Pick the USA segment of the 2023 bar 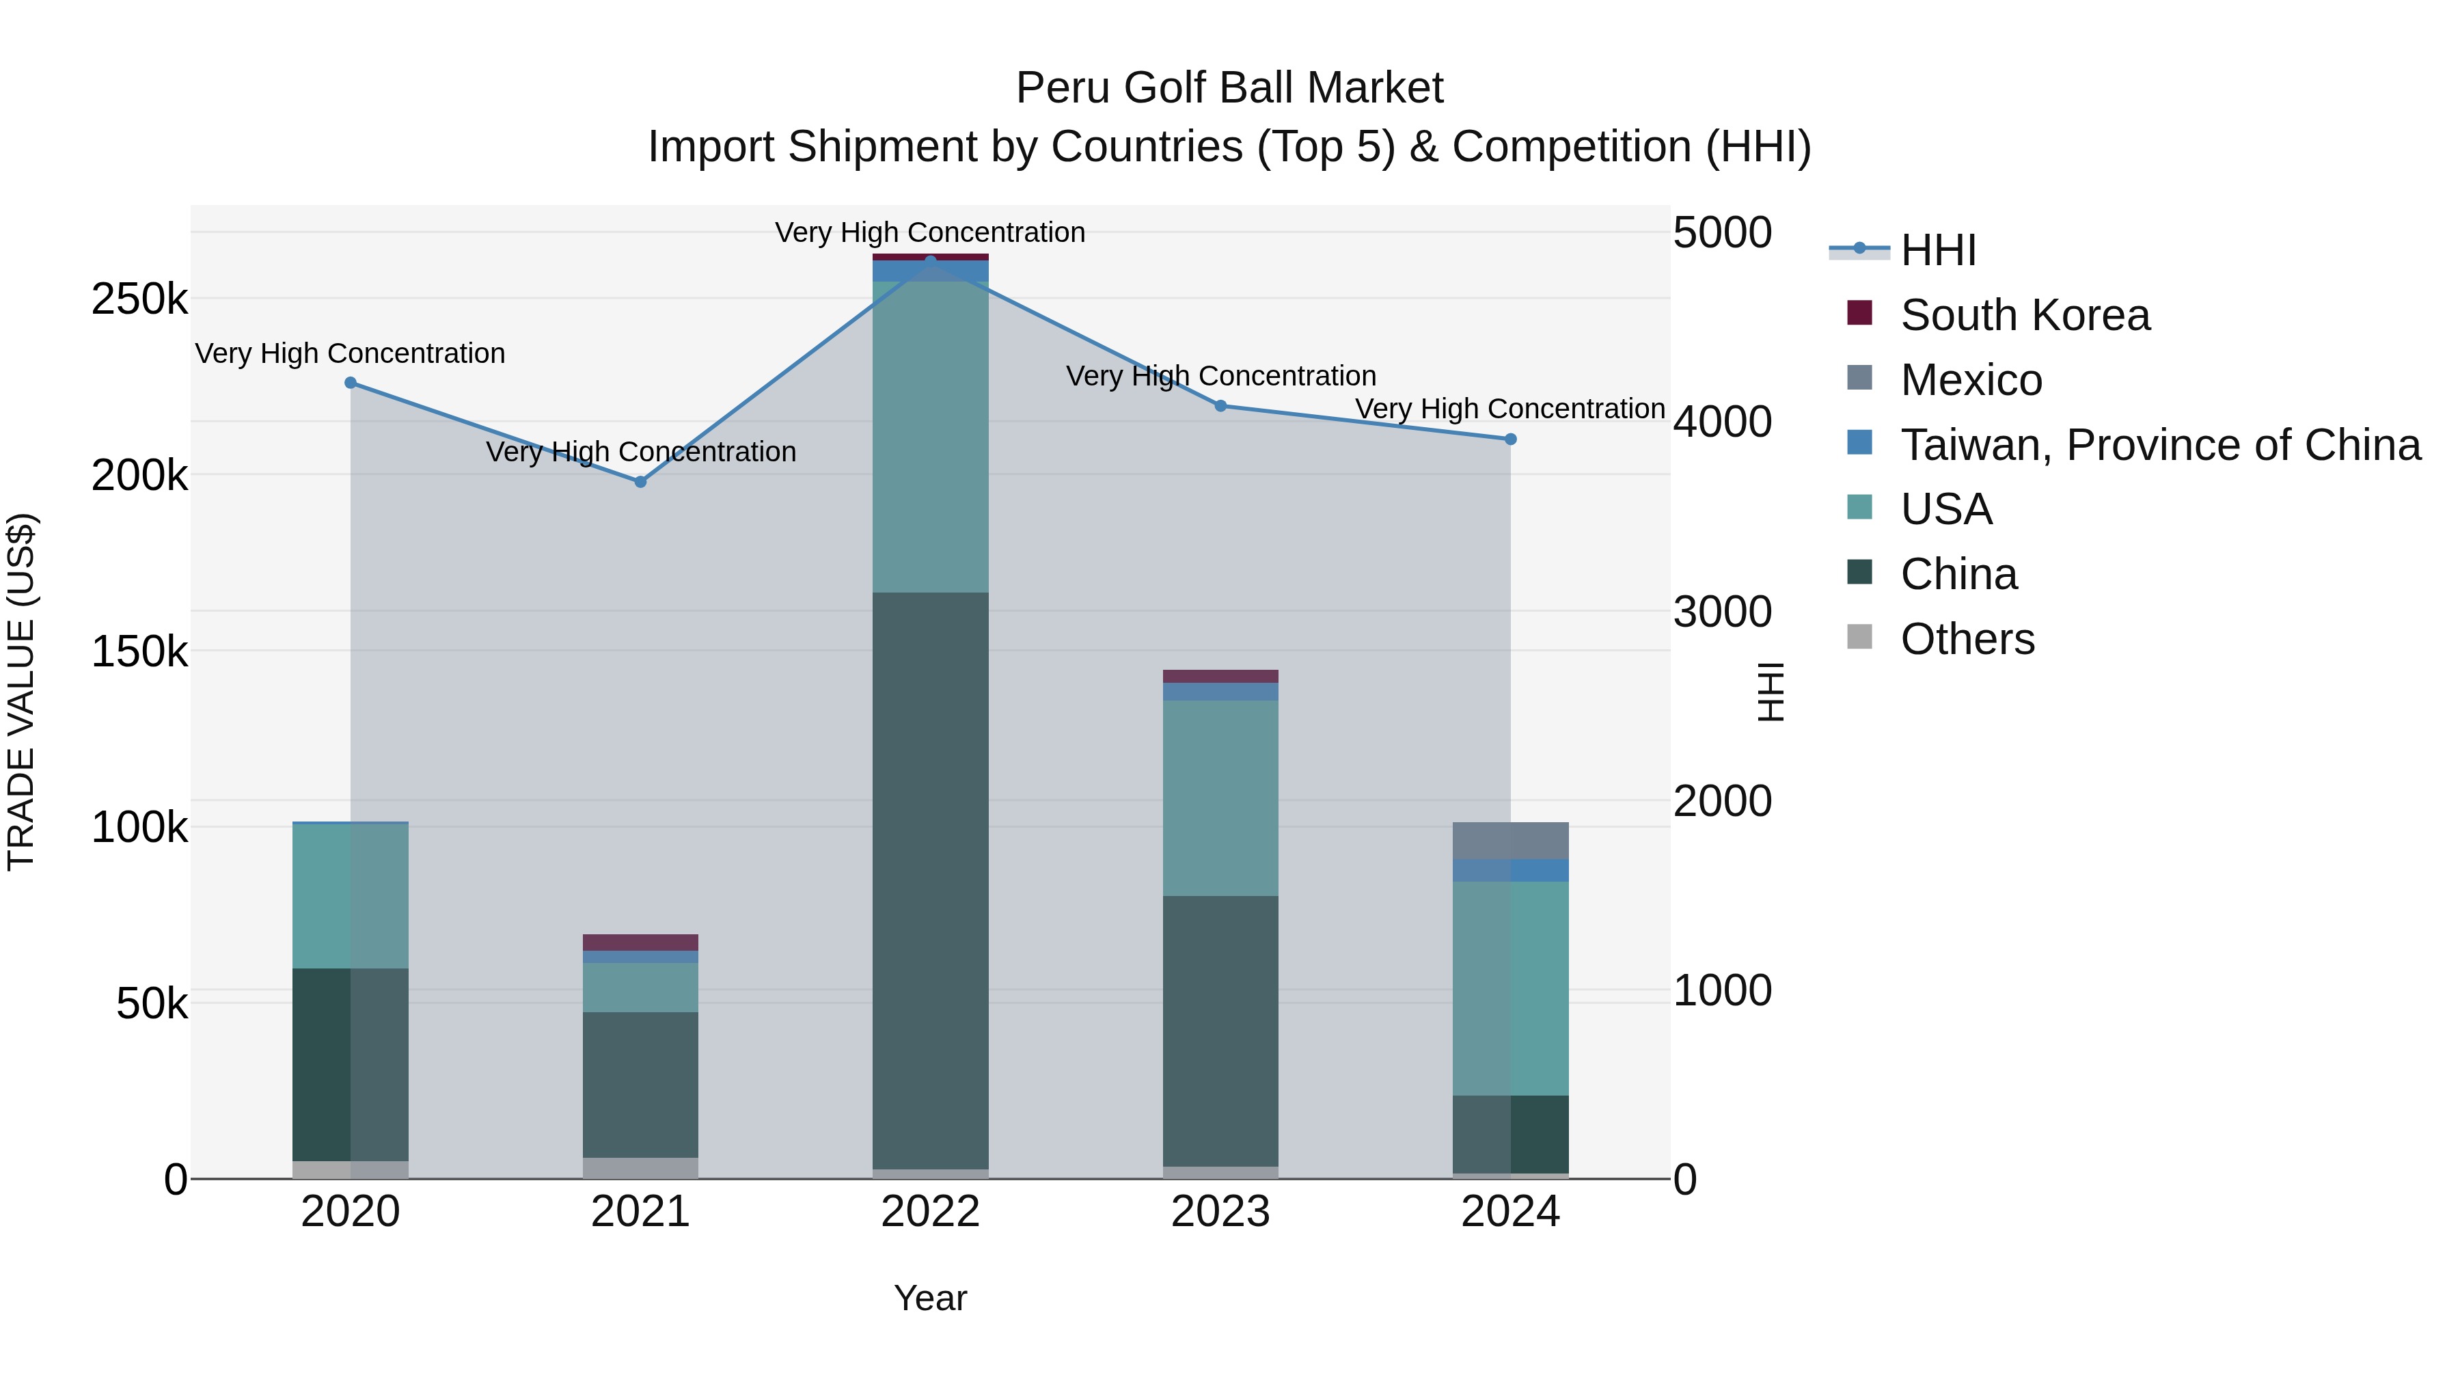(1220, 798)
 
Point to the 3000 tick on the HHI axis (1722, 611)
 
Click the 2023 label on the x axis (1220, 1212)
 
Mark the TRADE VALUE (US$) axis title (21, 692)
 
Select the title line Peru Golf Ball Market (1229, 88)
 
